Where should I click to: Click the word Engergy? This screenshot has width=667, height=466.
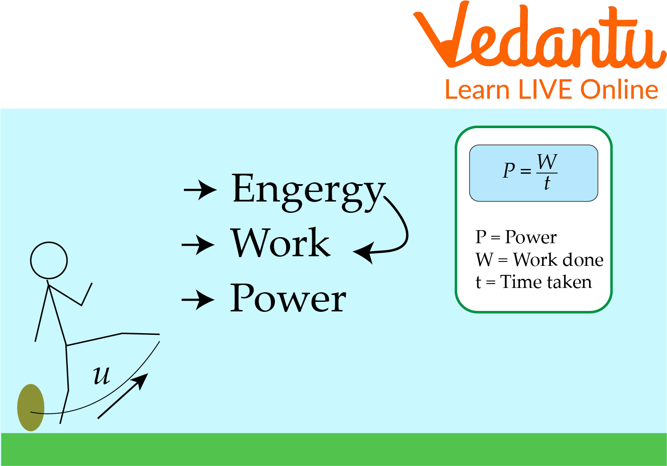(309, 192)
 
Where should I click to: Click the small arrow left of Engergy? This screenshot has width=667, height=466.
(200, 190)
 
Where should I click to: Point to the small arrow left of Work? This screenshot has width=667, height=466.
(198, 245)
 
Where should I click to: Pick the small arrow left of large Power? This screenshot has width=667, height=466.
(198, 300)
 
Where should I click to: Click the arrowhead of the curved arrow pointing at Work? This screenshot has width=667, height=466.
(364, 253)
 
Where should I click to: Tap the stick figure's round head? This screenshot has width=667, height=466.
(49, 261)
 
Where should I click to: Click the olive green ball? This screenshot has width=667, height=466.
(31, 407)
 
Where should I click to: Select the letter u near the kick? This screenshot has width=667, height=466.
(102, 376)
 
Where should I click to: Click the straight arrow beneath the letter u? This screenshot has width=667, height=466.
(123, 396)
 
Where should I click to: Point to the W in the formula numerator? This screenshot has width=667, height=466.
(547, 162)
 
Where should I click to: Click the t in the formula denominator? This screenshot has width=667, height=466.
(547, 182)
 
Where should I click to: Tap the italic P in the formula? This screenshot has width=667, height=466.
(509, 170)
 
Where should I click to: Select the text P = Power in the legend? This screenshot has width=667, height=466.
(516, 237)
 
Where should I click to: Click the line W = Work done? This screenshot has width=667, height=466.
(540, 260)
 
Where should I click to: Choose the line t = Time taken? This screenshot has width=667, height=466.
(534, 281)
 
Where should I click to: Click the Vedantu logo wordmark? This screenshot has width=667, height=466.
(540, 35)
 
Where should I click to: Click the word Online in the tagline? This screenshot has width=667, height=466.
(619, 89)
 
